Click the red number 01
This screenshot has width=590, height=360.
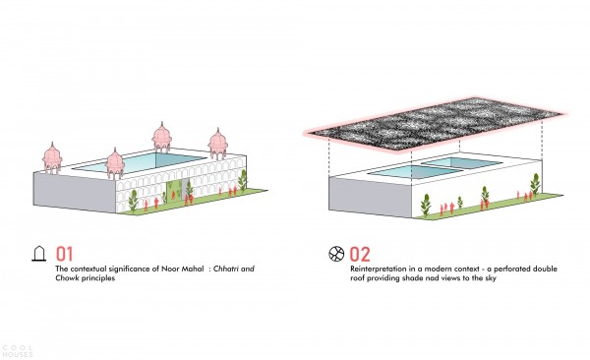64,254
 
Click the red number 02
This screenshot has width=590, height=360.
360,254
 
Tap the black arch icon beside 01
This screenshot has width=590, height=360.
38,254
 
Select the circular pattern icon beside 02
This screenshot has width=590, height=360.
336,254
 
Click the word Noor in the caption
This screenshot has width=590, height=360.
170,269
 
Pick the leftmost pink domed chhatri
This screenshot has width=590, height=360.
52,158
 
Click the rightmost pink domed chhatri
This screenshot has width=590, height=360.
218,144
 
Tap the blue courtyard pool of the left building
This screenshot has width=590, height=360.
140,163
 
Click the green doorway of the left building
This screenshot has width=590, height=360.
174,191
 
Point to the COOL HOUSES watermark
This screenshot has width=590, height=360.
18,351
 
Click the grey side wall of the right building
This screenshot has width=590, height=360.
371,198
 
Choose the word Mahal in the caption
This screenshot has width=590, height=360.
193,269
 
